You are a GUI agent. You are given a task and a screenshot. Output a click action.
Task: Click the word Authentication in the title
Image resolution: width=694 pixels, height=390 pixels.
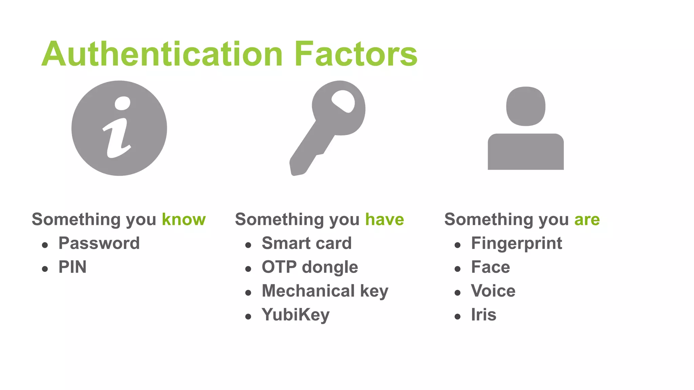pyautogui.click(x=162, y=54)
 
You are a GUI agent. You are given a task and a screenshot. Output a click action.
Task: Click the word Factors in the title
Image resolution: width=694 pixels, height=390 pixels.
pyautogui.click(x=356, y=54)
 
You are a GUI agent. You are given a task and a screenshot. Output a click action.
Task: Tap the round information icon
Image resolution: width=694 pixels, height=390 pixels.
pyautogui.click(x=119, y=128)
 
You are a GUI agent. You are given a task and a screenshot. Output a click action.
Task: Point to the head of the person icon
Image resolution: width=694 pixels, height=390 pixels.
pyautogui.click(x=526, y=106)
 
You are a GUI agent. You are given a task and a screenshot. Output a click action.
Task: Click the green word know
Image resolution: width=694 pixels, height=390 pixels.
pyautogui.click(x=184, y=219)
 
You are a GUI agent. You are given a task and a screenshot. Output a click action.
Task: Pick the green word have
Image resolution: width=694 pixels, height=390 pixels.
pyautogui.click(x=385, y=219)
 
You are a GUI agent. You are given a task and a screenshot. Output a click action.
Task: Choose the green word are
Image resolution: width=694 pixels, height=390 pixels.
pyautogui.click(x=587, y=219)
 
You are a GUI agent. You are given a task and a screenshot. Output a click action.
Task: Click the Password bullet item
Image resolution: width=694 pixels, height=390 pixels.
pyautogui.click(x=99, y=243)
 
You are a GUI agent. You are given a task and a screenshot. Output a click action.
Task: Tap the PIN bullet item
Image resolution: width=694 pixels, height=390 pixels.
pyautogui.click(x=73, y=267)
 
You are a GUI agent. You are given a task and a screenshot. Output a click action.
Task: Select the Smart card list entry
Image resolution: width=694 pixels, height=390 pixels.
pyautogui.click(x=307, y=243)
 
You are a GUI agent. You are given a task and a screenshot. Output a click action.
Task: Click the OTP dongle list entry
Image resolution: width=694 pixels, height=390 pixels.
pyautogui.click(x=310, y=267)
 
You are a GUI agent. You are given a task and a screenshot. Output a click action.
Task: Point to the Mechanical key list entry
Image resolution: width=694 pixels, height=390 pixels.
pyautogui.click(x=325, y=291)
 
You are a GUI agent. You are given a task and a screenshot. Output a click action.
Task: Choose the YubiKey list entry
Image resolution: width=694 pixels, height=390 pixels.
pyautogui.click(x=295, y=315)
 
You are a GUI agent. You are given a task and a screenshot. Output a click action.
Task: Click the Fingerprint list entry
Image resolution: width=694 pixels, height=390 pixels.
pyautogui.click(x=516, y=243)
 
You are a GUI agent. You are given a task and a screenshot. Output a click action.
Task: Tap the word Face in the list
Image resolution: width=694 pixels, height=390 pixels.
pyautogui.click(x=490, y=267)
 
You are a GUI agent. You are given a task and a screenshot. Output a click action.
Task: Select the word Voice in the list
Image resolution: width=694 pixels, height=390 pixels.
pyautogui.click(x=493, y=291)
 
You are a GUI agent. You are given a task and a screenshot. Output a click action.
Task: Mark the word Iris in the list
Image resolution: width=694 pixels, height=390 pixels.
pyautogui.click(x=484, y=315)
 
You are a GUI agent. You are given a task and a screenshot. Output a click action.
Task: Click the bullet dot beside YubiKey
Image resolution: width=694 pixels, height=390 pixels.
pyautogui.click(x=248, y=317)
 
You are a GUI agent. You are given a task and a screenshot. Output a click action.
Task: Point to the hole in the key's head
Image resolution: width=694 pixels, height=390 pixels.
pyautogui.click(x=343, y=101)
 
